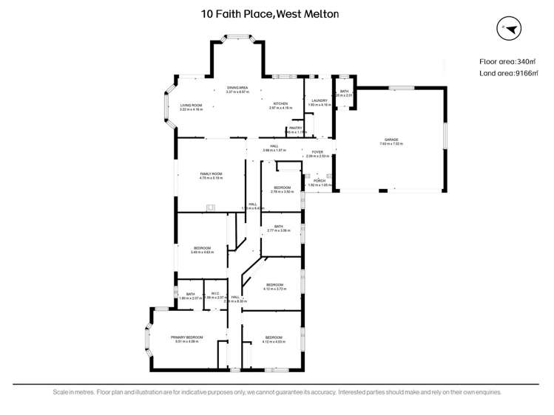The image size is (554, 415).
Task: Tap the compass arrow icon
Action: click(x=510, y=28)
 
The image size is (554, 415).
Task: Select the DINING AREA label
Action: click(x=237, y=88)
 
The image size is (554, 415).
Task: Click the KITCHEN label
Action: click(x=280, y=104)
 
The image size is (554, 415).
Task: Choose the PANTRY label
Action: click(x=296, y=128)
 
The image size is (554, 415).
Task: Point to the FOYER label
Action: click(x=317, y=152)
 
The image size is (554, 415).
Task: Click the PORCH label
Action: click(x=319, y=180)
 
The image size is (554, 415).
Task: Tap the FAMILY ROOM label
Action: click(x=211, y=174)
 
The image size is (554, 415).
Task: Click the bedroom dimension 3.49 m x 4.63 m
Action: click(x=203, y=252)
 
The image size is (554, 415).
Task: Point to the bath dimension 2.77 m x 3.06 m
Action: click(x=279, y=230)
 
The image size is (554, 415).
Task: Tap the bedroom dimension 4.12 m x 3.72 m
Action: click(x=274, y=288)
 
